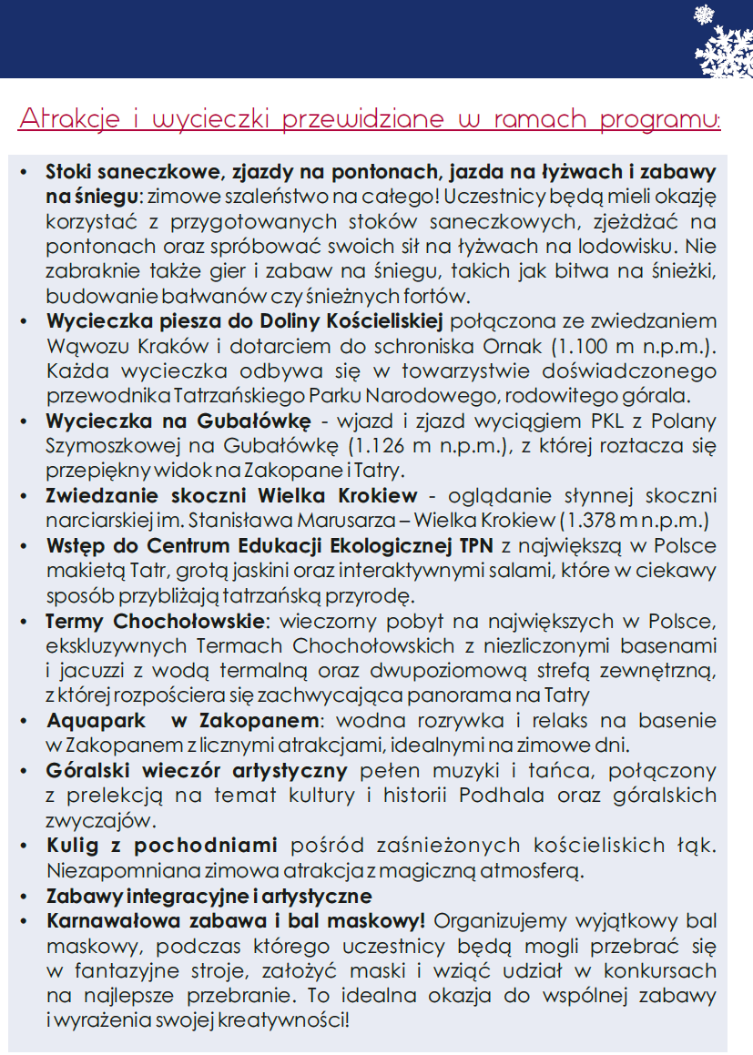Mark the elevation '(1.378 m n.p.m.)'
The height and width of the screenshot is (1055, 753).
[x=636, y=521]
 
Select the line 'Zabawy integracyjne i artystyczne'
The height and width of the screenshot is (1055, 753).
[x=209, y=896]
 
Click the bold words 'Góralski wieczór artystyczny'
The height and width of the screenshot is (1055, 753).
[x=197, y=770]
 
